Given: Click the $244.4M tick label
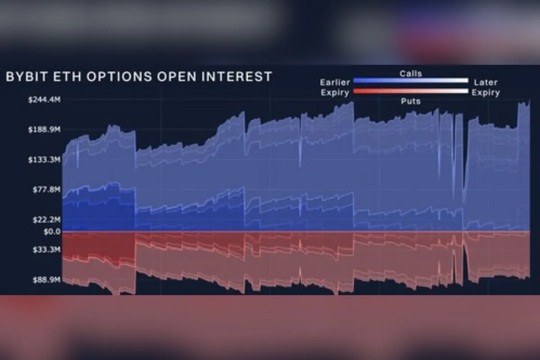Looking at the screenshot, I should (45, 100).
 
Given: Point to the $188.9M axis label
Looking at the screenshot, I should (45, 130).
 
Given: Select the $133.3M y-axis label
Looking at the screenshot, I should (45, 160).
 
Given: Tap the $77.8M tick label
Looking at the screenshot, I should (46, 189).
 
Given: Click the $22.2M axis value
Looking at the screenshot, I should (46, 220).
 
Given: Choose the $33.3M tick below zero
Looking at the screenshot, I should (46, 249).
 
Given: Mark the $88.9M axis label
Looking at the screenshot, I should (46, 279).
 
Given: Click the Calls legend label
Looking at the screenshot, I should (410, 73).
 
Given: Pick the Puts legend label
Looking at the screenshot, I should (410, 102).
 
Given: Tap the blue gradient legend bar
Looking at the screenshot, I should (410, 81).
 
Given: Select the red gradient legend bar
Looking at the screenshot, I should (410, 91).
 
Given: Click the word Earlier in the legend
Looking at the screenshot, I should (335, 82).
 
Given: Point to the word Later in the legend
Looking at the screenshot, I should (486, 82).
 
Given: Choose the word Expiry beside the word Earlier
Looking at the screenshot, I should (335, 93).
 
